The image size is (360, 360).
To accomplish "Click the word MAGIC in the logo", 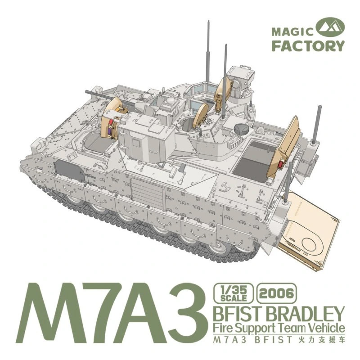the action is [292, 31].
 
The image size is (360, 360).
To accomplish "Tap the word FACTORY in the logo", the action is [308, 46].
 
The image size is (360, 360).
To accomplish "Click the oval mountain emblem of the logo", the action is [330, 27].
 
